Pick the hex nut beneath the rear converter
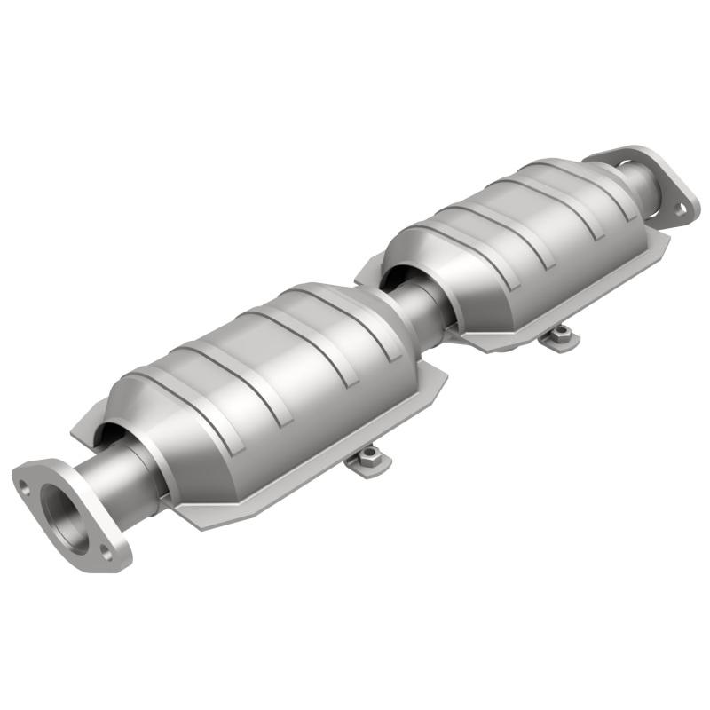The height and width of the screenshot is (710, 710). tap(560, 333)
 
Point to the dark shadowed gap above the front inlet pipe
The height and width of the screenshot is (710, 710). tap(111, 430)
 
